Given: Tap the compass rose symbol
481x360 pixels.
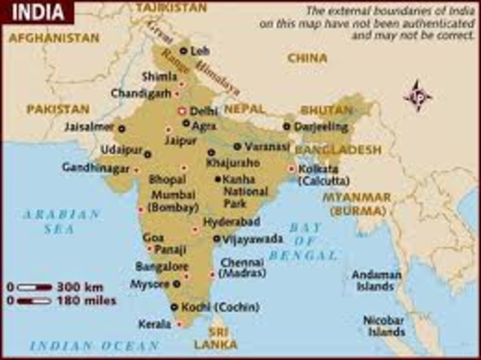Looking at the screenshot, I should (419, 96).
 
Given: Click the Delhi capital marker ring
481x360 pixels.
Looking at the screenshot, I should (182, 110).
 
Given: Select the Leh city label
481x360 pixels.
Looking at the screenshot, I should (201, 51).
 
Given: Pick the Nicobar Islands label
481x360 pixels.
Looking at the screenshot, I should (384, 325).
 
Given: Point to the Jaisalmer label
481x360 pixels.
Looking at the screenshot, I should (89, 127).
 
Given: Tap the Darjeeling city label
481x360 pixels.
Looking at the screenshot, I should (322, 126).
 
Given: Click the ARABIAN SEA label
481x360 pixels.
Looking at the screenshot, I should (61, 222).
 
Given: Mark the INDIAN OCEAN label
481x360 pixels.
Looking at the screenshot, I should (95, 346).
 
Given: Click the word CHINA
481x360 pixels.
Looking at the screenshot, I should (307, 57).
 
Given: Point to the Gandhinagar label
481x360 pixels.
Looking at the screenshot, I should (96, 167).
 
